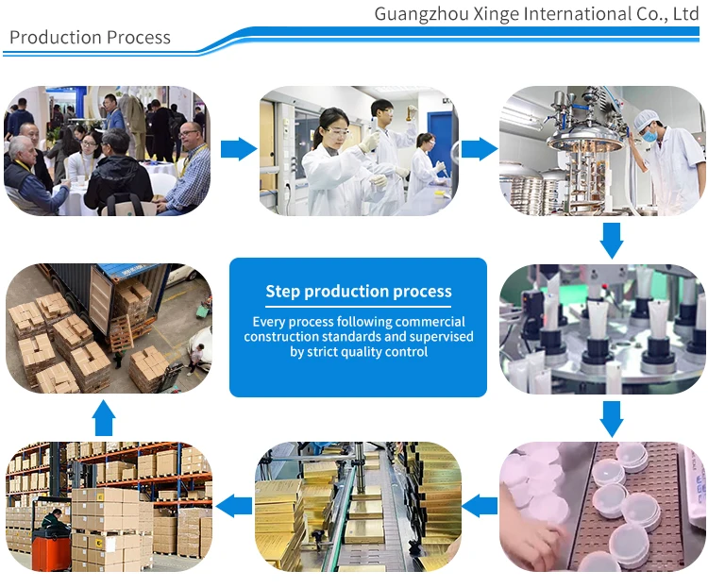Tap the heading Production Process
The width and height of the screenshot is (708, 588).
coord(90,38)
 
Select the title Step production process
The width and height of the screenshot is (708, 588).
coord(359,292)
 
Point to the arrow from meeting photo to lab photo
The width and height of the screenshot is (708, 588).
coord(238,148)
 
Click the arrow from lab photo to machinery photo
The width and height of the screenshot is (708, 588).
coord(480,148)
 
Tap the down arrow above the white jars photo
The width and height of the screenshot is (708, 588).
coord(612,418)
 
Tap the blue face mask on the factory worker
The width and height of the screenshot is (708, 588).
coord(649,136)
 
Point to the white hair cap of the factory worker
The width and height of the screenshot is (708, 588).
coord(647,119)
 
